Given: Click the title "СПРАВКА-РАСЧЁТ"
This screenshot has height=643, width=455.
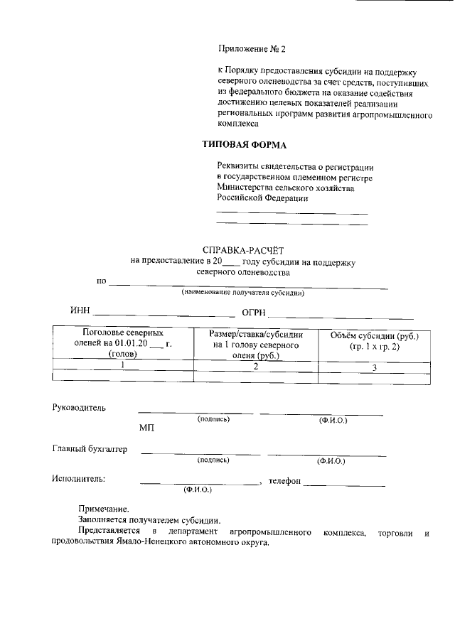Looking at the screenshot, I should coord(242,250).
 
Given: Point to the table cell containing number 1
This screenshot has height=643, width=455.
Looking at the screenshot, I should coord(123,365).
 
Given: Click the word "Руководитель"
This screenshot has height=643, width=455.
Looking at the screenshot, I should coord(79,408).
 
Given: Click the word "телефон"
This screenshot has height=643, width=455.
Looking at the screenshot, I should coord(284,481).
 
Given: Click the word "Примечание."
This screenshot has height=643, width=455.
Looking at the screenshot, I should coord(104,509).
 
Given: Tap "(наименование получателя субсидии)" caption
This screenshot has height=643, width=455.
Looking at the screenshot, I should coord(242,293).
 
